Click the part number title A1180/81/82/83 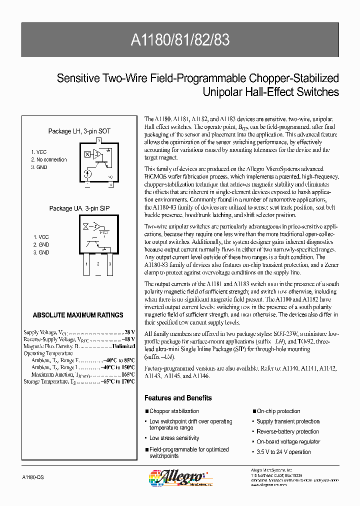point(179,40)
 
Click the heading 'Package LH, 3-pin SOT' point(79,131)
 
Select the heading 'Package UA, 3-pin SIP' point(79,208)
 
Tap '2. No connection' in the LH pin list point(48,159)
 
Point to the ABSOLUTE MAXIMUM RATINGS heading point(77,315)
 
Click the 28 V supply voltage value point(129,332)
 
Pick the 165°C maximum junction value point(128,374)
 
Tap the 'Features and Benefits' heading point(178,398)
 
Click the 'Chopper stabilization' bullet point(174,411)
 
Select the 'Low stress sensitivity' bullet point(174,438)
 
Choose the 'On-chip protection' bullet point(278,411)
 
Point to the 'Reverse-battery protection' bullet point(287,431)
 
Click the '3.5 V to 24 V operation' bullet point(283,452)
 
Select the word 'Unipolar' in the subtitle point(221,92)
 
